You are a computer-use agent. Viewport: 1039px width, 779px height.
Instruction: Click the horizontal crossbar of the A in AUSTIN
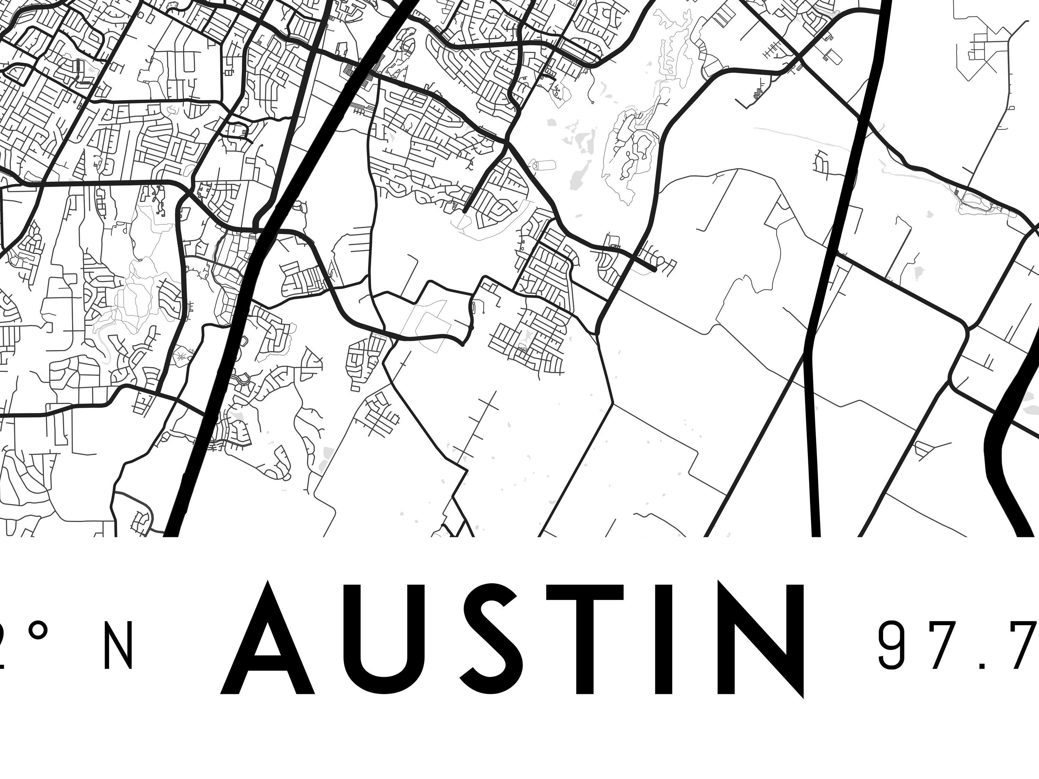(x=268, y=666)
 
